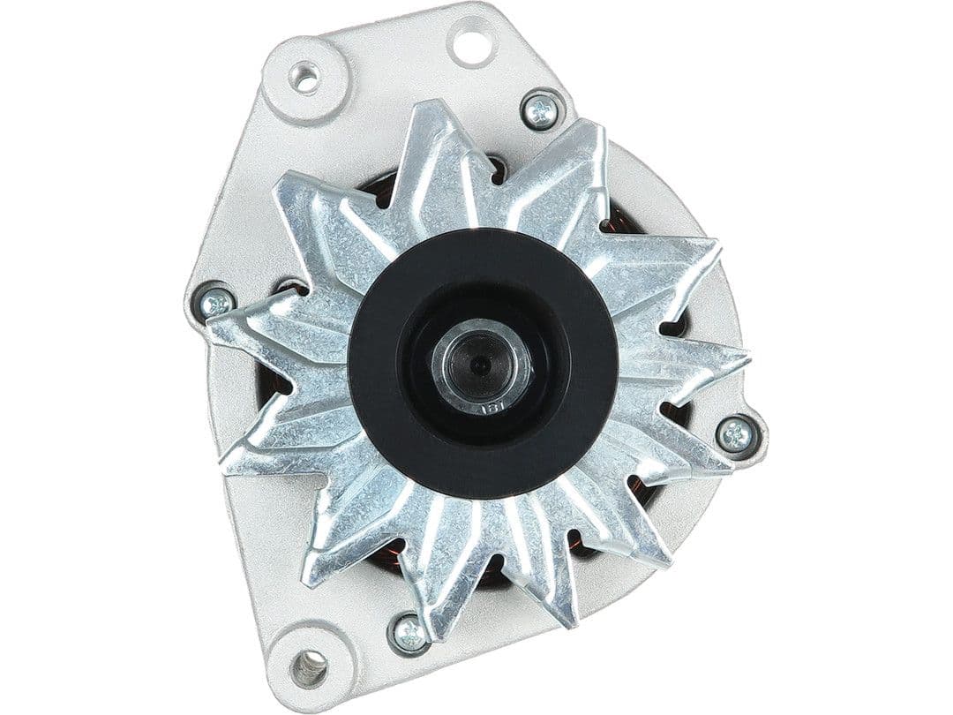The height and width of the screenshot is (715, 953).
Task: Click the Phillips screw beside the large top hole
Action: [542, 110]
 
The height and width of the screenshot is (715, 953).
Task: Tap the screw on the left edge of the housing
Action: [215, 303]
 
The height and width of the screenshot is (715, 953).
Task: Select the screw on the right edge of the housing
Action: [735, 434]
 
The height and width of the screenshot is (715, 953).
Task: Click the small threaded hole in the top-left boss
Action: [304, 78]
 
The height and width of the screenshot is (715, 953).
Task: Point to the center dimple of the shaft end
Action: [477, 362]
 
